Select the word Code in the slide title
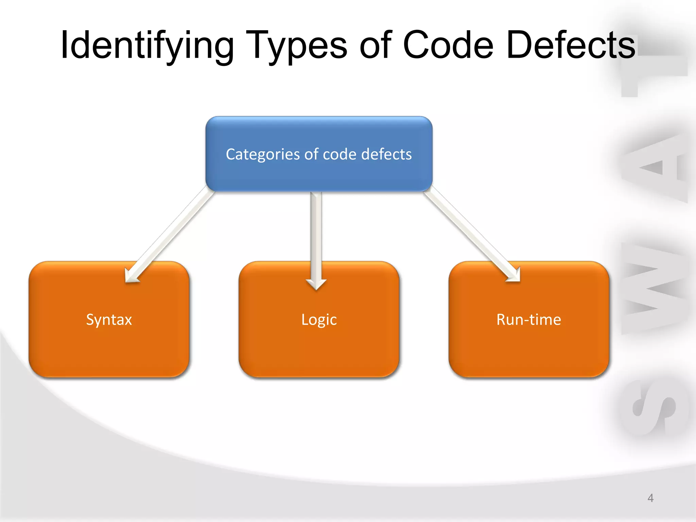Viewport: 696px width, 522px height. coord(448,45)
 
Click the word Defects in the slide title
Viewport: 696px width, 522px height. coord(571,45)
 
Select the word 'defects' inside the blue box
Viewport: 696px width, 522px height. coord(386,154)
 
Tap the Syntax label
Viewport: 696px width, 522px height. coord(109,320)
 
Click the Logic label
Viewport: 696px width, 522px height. coord(319,320)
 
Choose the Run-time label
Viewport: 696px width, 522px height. coord(528,320)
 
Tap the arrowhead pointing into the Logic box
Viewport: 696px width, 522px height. coord(316,284)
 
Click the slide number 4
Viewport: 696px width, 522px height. coord(650,498)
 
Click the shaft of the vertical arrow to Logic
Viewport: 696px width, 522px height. coord(316,234)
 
